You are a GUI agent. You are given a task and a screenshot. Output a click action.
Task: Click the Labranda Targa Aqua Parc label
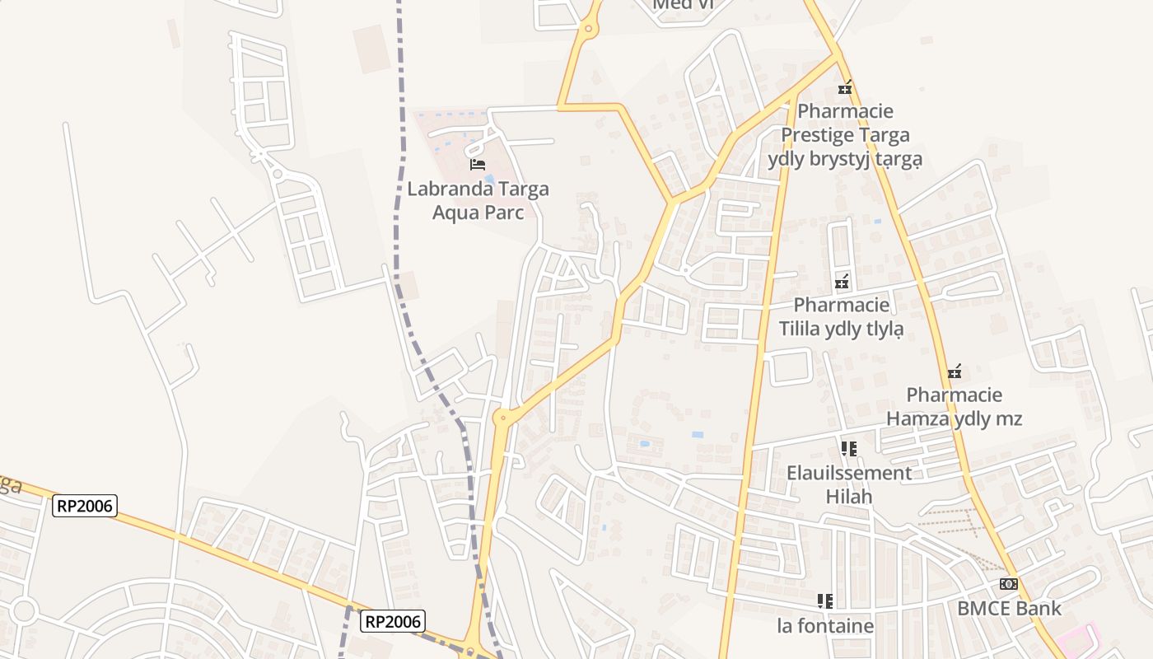478,200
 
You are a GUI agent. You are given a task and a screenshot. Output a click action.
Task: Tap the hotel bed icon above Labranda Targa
478,165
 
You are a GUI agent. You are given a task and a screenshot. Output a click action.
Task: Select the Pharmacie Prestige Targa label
845,134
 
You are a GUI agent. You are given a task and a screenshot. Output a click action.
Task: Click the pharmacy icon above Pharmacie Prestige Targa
845,86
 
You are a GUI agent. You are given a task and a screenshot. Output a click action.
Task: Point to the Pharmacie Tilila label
841,317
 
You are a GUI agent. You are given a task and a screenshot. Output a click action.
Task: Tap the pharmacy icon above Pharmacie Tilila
842,282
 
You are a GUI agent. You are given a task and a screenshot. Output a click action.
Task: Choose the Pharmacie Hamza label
954,407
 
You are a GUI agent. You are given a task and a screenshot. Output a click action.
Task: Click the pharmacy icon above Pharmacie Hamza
955,372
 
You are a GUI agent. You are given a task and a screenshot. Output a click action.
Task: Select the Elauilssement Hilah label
849,485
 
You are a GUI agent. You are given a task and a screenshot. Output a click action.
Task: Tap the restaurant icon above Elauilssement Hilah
849,449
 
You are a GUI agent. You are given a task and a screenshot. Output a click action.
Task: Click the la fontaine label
825,626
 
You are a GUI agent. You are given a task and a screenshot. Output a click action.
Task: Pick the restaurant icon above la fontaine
825,601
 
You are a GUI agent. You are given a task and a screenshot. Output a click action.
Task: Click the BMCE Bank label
1009,609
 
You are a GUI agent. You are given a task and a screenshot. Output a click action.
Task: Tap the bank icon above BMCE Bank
1009,584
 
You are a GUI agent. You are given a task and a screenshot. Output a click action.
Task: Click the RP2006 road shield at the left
85,505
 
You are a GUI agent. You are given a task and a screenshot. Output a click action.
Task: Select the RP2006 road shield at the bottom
394,621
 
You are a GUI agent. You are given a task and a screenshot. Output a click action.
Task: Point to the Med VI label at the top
681,5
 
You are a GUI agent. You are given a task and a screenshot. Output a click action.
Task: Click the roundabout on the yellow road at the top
589,29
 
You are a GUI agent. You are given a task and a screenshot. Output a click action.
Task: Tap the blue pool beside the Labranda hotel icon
490,179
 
